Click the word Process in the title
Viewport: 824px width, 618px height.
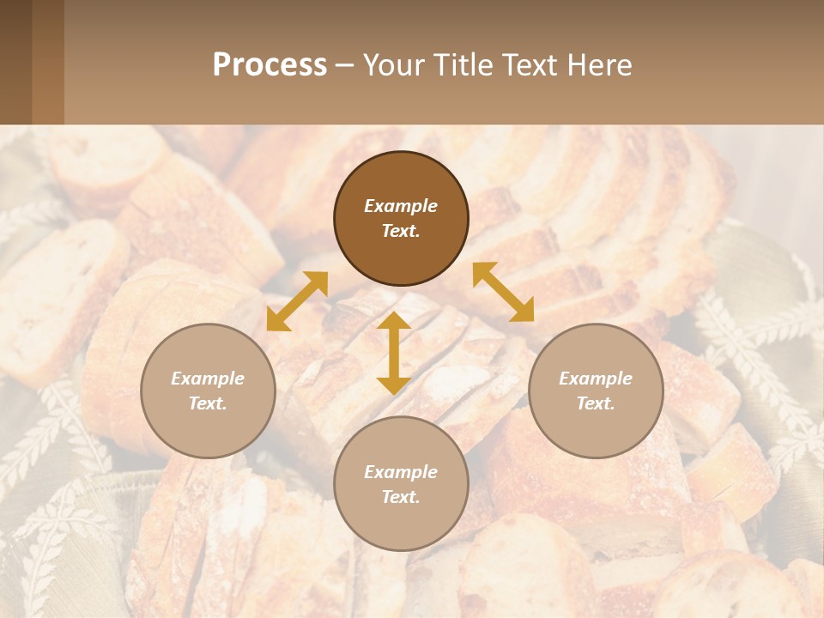(270, 65)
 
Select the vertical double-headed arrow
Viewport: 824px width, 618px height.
(394, 353)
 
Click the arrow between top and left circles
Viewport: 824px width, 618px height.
(297, 301)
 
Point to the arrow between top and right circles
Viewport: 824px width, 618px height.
(503, 292)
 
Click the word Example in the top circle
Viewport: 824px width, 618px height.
(401, 206)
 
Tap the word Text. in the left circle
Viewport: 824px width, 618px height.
(208, 403)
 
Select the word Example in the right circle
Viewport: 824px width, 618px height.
(596, 379)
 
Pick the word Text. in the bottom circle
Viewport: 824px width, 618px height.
(401, 497)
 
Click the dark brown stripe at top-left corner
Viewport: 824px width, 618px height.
(15, 62)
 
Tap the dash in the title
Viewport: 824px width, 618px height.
(345, 66)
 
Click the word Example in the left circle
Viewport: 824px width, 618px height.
(208, 379)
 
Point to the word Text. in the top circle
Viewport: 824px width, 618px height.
(401, 231)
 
